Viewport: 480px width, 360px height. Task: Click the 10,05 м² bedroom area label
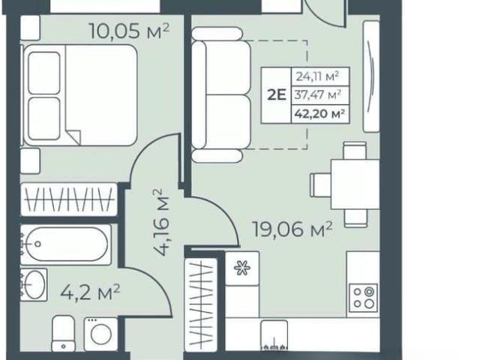[x=129, y=31]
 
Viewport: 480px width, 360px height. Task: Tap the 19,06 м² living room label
[x=292, y=229]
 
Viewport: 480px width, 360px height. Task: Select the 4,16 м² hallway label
[x=161, y=223]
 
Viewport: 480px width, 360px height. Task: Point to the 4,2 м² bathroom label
[x=90, y=292]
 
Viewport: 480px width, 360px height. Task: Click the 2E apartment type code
[x=277, y=95]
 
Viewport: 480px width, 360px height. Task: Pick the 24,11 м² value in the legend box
[x=317, y=76]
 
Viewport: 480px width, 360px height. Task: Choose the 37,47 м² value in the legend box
[x=318, y=95]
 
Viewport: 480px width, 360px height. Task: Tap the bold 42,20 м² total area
[x=319, y=114]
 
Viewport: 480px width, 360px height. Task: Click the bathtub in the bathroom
[x=66, y=244]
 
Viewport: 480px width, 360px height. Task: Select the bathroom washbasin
[x=34, y=285]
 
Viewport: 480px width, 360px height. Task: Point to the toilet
[x=63, y=334]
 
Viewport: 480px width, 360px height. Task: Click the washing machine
[x=100, y=334]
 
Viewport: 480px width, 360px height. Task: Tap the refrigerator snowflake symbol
[x=242, y=268]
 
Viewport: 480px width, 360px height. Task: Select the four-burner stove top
[x=364, y=298]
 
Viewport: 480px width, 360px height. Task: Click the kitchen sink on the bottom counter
[x=274, y=335]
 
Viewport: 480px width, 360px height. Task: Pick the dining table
[x=355, y=184]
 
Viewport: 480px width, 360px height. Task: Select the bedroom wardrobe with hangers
[x=69, y=199]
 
